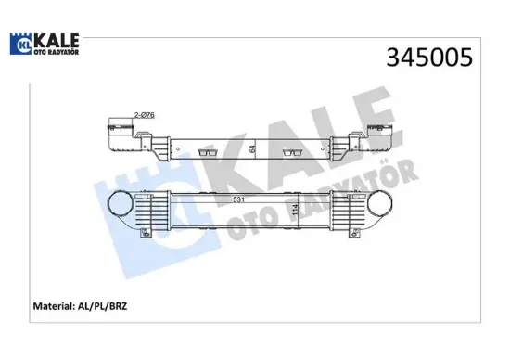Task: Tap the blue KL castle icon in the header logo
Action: (20, 43)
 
